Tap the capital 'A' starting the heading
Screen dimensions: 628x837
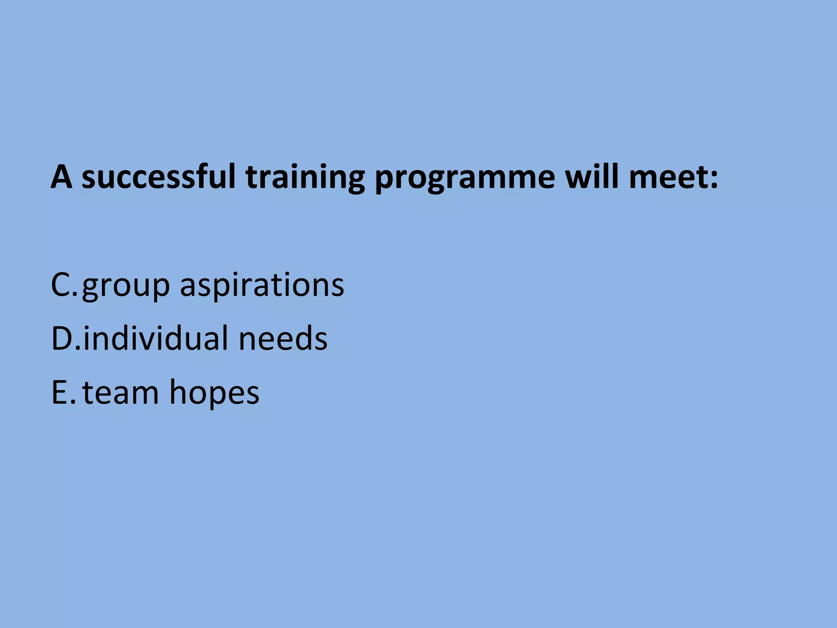[x=62, y=177]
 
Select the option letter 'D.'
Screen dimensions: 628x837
[x=66, y=338]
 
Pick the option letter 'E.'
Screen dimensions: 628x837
[x=63, y=392]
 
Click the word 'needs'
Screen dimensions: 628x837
[x=283, y=339]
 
